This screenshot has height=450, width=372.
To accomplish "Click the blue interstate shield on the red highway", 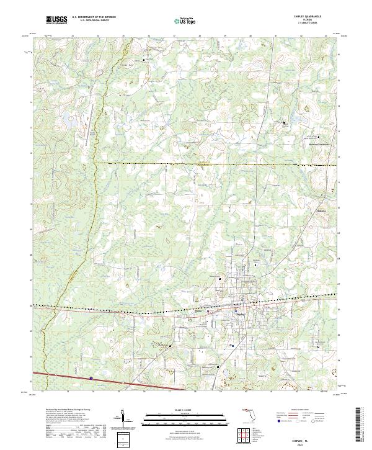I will pos(91,378).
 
